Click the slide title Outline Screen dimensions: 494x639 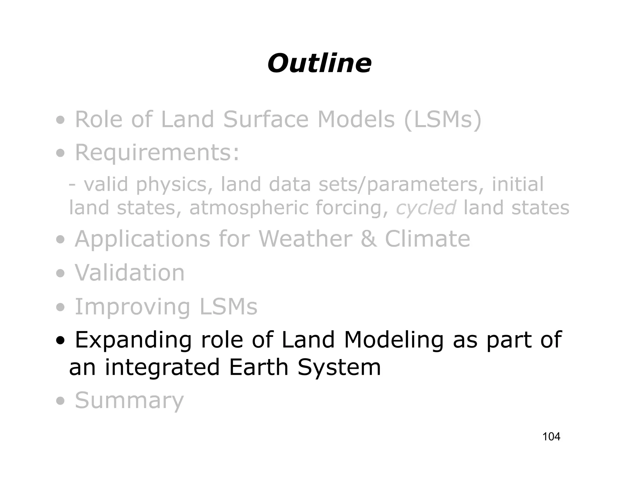(x=319, y=63)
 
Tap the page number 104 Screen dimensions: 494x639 (x=551, y=437)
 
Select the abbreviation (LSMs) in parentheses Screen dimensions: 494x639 (x=442, y=120)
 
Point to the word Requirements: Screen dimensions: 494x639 (x=157, y=152)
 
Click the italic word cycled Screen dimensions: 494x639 (x=426, y=208)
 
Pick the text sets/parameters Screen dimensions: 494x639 (x=398, y=184)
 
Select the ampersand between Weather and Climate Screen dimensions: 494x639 (x=368, y=239)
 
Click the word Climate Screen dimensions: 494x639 (x=427, y=239)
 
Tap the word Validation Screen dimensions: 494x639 (x=129, y=273)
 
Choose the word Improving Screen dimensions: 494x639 (x=132, y=307)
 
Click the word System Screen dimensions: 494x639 (x=339, y=368)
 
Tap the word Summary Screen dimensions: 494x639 (x=129, y=401)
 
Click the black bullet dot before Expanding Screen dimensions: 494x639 (x=61, y=341)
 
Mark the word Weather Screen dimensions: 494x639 (x=305, y=239)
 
